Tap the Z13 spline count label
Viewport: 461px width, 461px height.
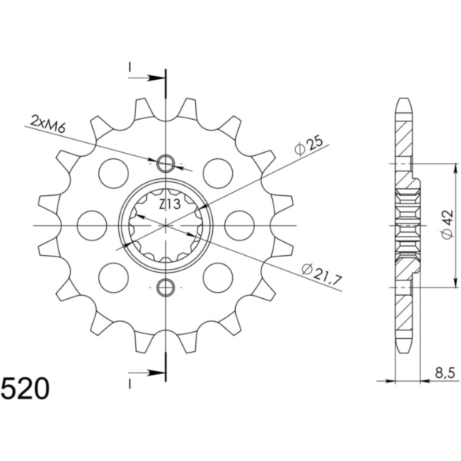[171, 205]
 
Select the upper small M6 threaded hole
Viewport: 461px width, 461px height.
[165, 163]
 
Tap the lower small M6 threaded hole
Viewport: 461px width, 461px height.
[165, 287]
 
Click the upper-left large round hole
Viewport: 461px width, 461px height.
[114, 171]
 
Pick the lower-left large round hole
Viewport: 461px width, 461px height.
[114, 275]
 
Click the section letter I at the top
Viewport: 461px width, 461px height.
[131, 68]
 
